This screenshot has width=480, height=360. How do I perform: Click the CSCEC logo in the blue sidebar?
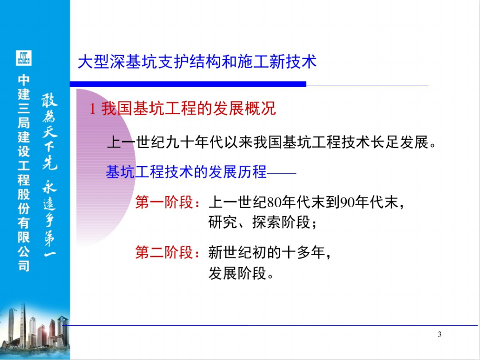click(24, 58)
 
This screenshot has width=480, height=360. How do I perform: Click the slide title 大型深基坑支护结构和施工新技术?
click(197, 61)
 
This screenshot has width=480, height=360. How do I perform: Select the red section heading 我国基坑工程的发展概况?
click(188, 109)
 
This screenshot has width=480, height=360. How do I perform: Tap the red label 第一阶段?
click(164, 202)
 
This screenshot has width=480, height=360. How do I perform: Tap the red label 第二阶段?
click(164, 252)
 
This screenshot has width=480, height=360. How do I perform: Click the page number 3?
click(440, 334)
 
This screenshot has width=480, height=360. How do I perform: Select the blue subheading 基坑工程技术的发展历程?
click(186, 172)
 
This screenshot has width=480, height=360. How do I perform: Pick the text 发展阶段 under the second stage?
click(237, 273)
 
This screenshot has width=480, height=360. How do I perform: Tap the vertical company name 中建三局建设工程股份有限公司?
click(24, 173)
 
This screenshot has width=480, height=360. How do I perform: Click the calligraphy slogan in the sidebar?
click(49, 175)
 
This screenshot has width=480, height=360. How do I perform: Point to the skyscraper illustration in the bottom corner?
click(35, 330)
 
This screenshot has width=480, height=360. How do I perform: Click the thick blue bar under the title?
click(188, 84)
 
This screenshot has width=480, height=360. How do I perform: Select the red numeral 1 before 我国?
click(92, 109)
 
